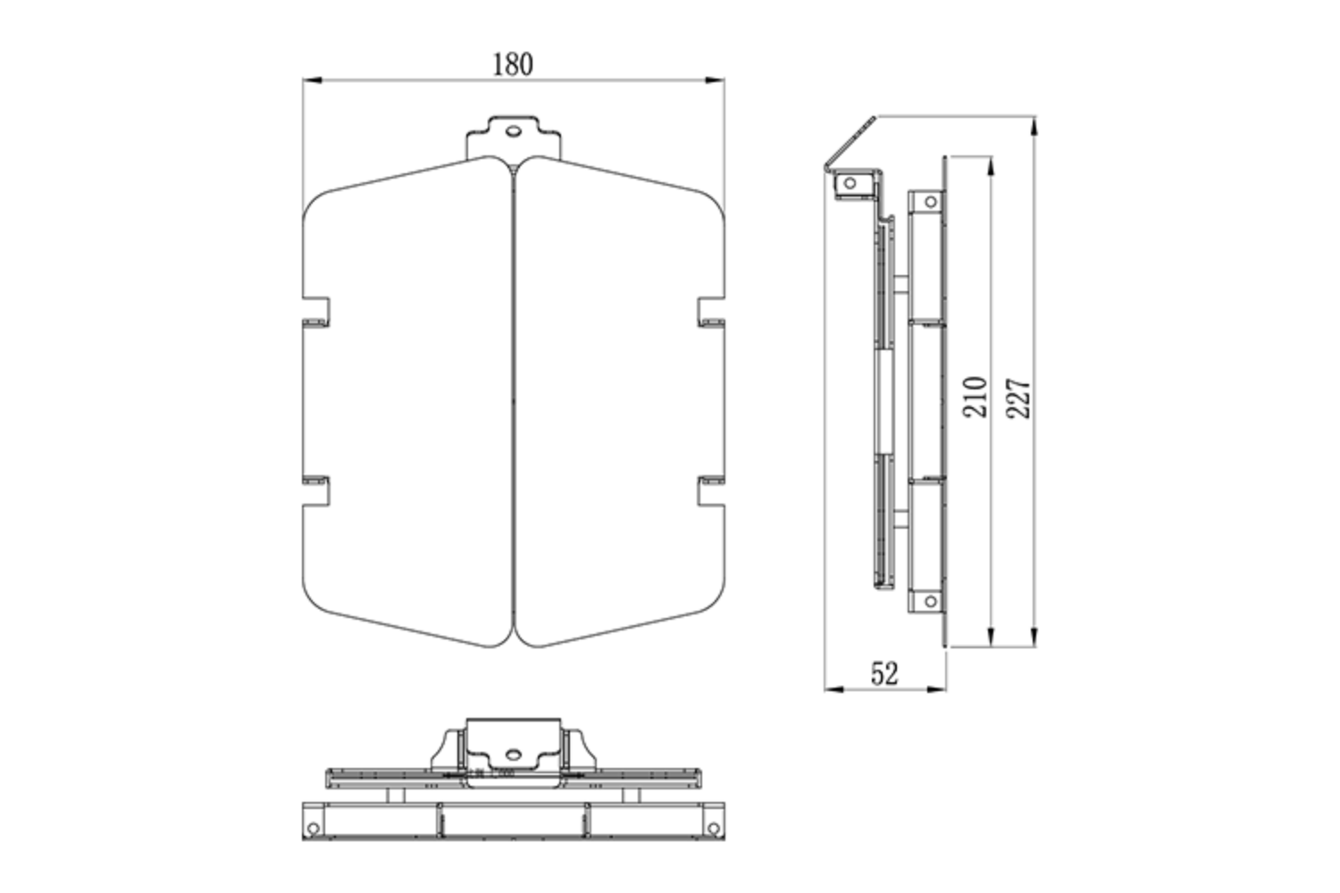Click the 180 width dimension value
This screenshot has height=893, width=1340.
click(513, 64)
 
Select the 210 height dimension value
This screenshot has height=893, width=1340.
click(976, 396)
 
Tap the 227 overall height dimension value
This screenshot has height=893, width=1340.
click(1018, 398)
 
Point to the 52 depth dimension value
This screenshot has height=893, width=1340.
click(884, 673)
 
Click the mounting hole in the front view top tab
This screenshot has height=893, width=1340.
click(513, 130)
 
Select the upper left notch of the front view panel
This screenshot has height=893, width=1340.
click(317, 310)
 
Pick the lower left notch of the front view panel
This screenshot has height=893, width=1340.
click(317, 490)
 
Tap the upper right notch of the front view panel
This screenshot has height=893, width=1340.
click(711, 310)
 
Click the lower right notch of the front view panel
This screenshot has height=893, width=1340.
click(711, 490)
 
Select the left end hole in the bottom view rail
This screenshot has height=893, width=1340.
click(313, 829)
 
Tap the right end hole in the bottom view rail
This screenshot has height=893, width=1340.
click(714, 829)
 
